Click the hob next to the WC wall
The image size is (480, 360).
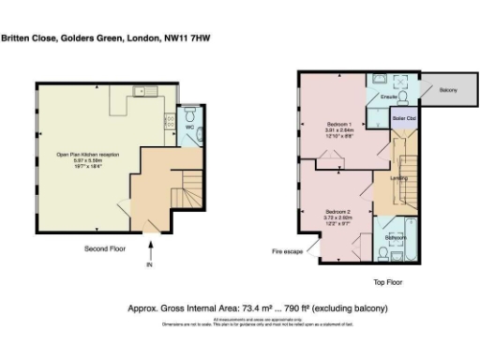click(170, 121)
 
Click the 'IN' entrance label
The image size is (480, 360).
click(149, 264)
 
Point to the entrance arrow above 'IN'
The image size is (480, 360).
click(150, 249)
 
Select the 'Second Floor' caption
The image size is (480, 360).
click(104, 248)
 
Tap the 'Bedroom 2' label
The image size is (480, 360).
click(337, 211)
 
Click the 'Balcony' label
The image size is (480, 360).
click(447, 90)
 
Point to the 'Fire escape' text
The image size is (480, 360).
click(287, 251)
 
